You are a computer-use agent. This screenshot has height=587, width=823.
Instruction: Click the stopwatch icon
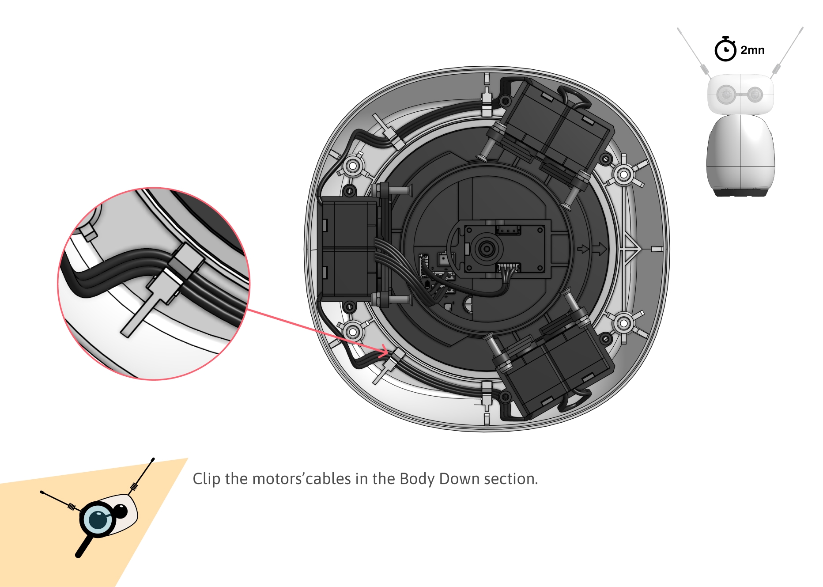725,49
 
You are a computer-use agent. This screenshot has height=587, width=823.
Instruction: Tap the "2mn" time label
752,50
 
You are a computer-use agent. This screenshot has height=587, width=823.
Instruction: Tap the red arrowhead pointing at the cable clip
382,351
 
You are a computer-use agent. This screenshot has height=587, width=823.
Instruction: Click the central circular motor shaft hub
486,249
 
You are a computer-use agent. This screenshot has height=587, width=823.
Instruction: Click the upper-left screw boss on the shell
353,167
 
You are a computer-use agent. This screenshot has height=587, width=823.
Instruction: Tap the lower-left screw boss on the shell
353,332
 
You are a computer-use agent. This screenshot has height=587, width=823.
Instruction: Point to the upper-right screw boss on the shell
623,174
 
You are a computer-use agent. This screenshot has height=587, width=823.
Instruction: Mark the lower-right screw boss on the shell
623,323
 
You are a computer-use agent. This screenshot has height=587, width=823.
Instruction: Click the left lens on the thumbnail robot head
726,94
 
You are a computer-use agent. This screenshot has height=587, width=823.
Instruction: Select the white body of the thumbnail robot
740,152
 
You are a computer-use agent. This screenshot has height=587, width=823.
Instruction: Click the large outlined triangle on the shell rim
630,249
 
